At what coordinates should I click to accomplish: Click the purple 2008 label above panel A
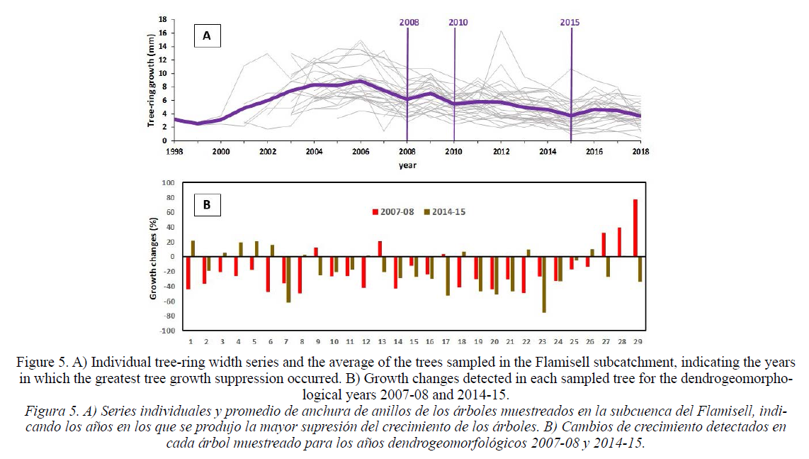(409, 22)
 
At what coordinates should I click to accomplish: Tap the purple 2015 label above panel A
(570, 22)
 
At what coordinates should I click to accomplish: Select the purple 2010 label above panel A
(458, 22)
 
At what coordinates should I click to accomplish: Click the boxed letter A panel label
(207, 35)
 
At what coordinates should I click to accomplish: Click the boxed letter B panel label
(207, 205)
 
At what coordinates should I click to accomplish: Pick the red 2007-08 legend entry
(393, 212)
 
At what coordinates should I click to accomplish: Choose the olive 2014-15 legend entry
(445, 212)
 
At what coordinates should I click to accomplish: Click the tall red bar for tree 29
(635, 228)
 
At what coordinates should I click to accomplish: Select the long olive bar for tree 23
(544, 284)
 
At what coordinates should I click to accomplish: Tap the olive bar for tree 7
(288, 279)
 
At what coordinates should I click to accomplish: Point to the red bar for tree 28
(619, 242)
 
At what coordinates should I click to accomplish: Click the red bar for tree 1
(188, 273)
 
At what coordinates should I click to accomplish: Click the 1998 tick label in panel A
(174, 151)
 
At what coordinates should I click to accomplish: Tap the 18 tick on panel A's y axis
(163, 20)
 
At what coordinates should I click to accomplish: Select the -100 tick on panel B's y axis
(168, 331)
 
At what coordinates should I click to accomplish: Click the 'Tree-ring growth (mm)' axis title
(151, 80)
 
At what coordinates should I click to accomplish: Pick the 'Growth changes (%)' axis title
(153, 258)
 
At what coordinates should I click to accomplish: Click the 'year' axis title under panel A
(407, 165)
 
